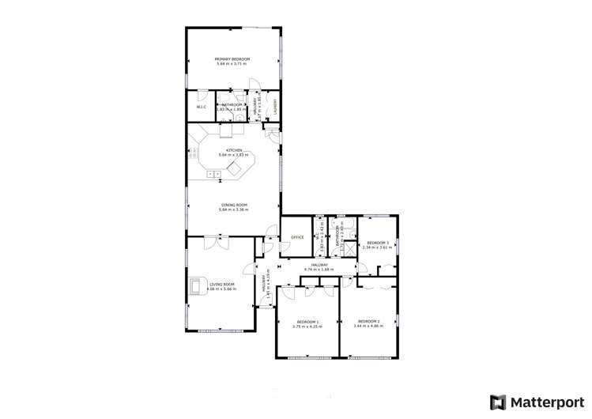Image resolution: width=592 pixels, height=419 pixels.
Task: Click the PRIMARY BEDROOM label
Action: pos(233,59)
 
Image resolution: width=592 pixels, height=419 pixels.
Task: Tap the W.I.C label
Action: pos(202,107)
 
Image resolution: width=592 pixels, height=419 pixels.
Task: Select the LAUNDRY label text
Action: pos(274,107)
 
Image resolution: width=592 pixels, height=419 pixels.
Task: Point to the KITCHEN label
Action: pos(233,150)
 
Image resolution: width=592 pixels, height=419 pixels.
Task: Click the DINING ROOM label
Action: pos(233,205)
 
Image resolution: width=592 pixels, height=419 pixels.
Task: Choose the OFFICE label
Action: pos(297,237)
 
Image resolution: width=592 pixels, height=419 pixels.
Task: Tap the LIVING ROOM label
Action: pos(222,285)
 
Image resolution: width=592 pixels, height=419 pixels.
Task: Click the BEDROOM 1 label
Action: pos(307,322)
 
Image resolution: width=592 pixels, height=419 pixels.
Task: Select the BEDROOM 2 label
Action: pos(368,322)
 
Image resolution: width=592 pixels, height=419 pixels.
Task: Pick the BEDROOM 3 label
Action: pos(377,243)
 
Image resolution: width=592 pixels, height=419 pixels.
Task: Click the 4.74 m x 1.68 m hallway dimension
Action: pos(319,270)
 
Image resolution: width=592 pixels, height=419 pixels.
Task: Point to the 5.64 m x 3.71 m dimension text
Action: pos(233,64)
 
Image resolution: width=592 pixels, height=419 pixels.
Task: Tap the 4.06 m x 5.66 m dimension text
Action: pos(221,289)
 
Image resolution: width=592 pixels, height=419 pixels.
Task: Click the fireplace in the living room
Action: pos(194,286)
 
